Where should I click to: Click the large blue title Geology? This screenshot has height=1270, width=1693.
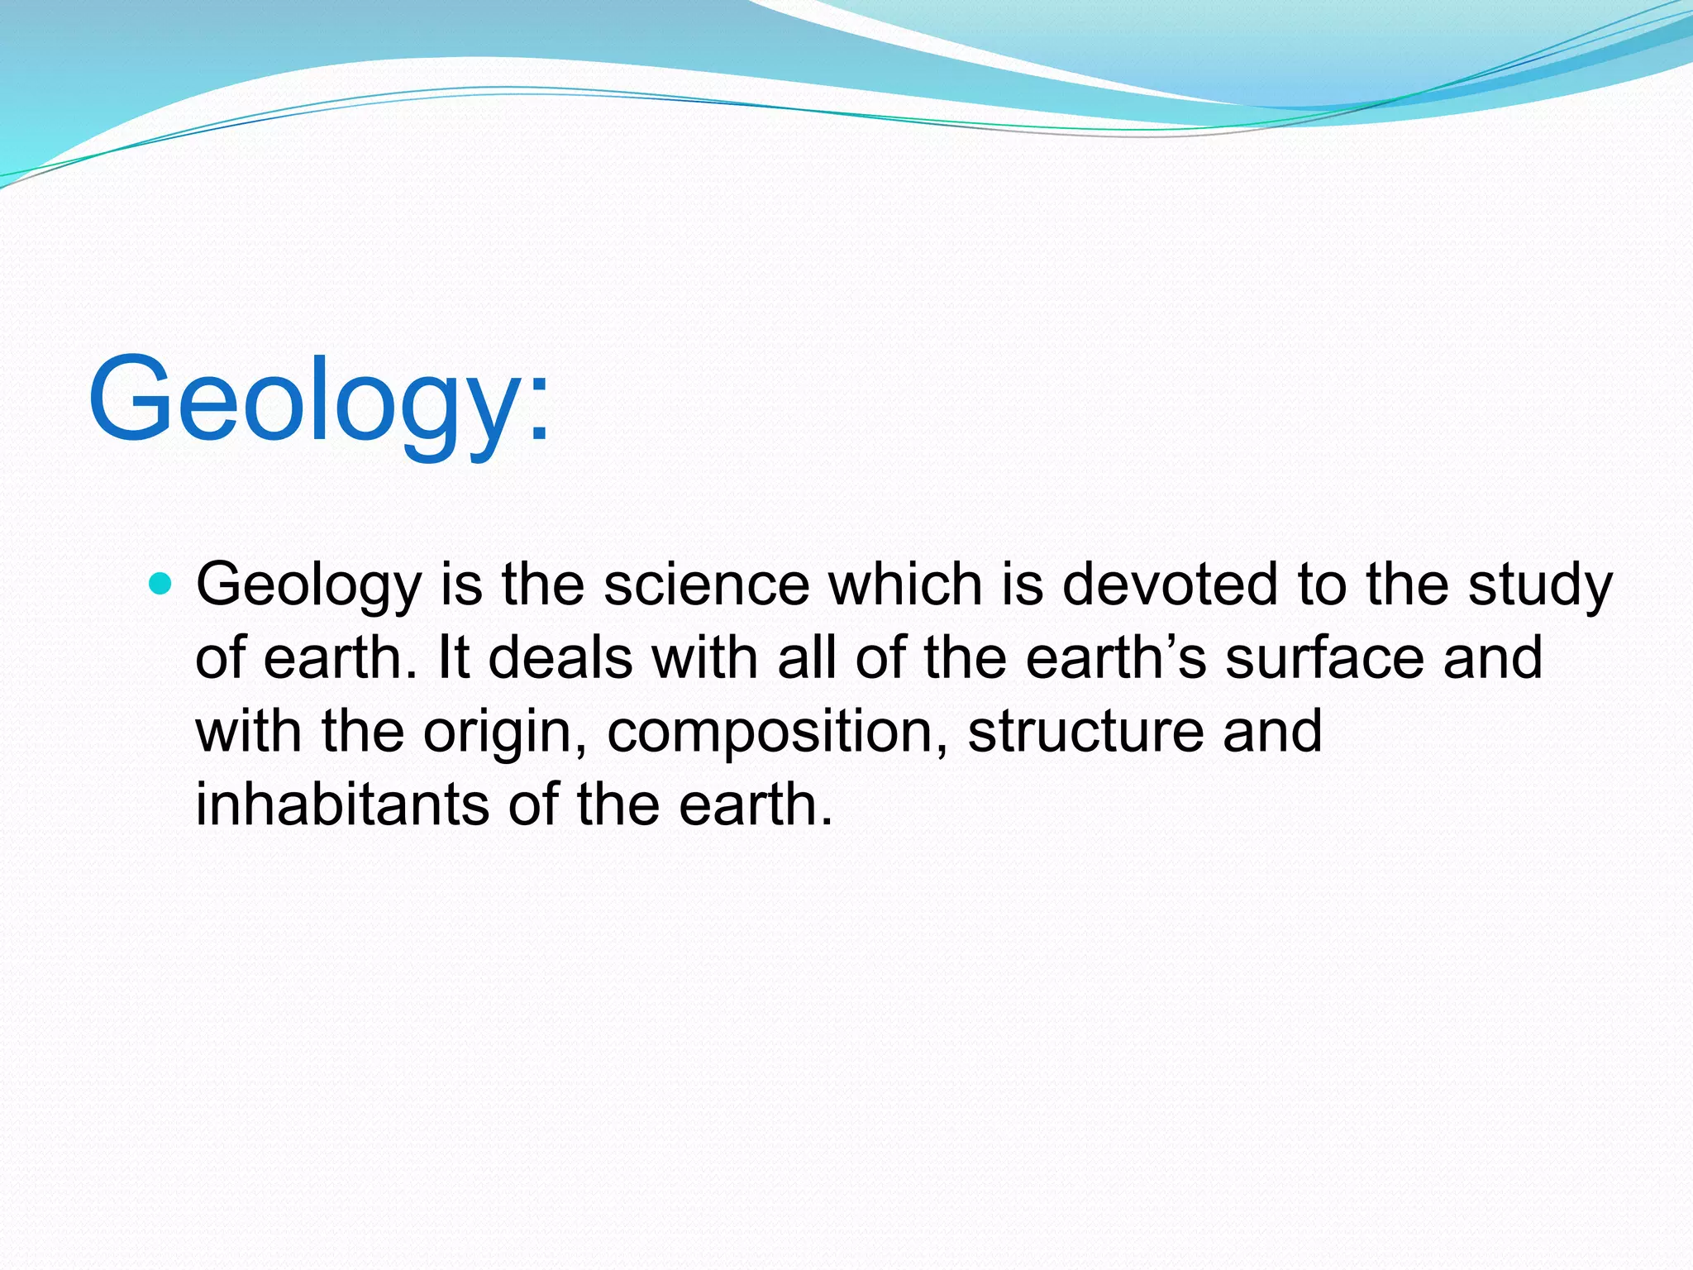click(318, 401)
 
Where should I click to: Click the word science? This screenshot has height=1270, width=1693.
click(707, 585)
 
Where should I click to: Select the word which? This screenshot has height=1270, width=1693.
click(906, 585)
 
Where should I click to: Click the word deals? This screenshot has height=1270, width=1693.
click(560, 658)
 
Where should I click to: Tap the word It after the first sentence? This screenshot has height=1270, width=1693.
click(453, 658)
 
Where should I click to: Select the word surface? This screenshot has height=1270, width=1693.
click(1324, 658)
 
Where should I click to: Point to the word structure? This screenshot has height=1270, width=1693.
click(1085, 731)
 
